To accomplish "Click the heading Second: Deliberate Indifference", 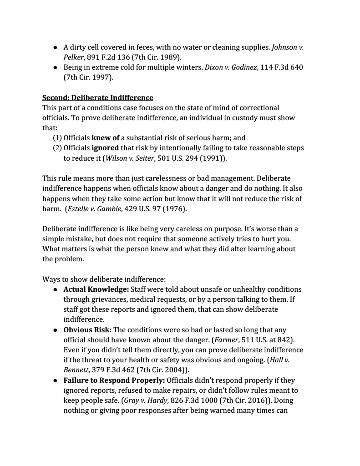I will point(97,98).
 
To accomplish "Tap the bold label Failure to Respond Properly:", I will point(114,380).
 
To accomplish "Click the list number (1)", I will point(57,137).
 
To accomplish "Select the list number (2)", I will point(57,148).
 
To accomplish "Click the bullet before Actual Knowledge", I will point(55,289).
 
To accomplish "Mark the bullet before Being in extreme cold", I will point(55,67).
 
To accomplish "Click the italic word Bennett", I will point(76,370).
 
